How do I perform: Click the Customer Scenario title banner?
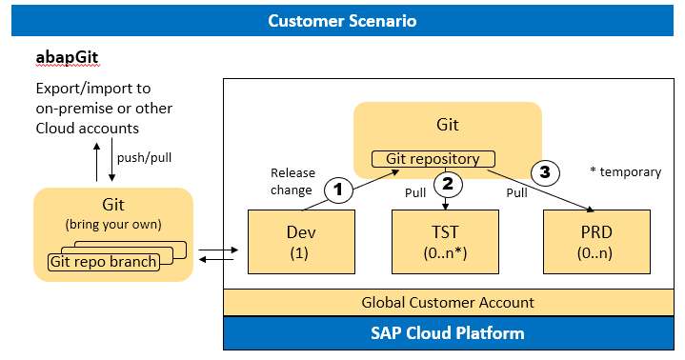342,21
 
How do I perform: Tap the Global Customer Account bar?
448,303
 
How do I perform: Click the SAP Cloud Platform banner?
448,333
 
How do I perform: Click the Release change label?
292,180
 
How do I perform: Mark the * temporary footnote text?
624,172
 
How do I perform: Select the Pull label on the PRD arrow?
515,192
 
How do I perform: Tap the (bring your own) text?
111,226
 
